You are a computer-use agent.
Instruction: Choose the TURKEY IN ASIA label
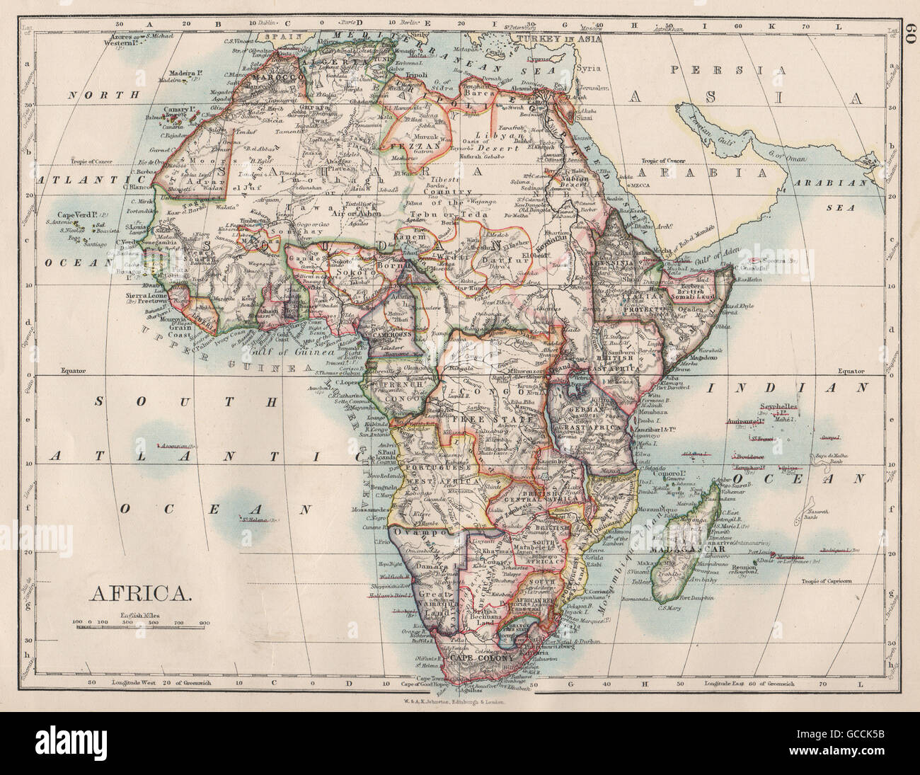559,38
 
